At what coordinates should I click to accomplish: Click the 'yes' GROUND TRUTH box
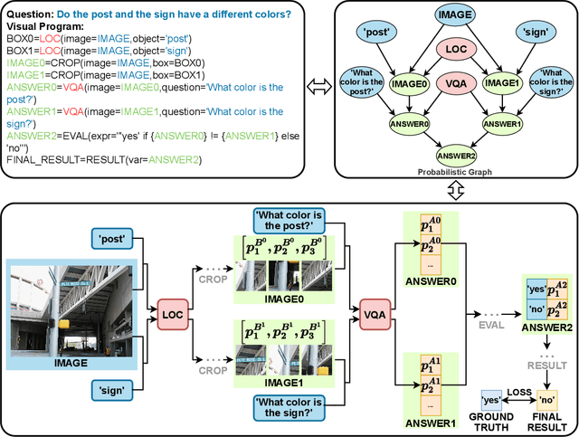(x=491, y=400)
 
